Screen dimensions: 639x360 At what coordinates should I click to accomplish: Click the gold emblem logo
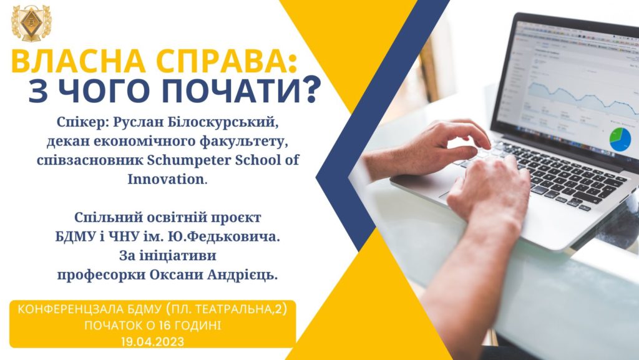coord(32,23)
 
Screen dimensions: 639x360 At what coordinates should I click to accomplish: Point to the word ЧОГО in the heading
coord(104,91)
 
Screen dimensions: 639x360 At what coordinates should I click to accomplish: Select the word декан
coord(68,141)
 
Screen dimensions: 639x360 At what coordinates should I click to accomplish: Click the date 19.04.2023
coord(152,342)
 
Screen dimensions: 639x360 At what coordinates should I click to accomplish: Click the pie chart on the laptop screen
coord(620,139)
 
